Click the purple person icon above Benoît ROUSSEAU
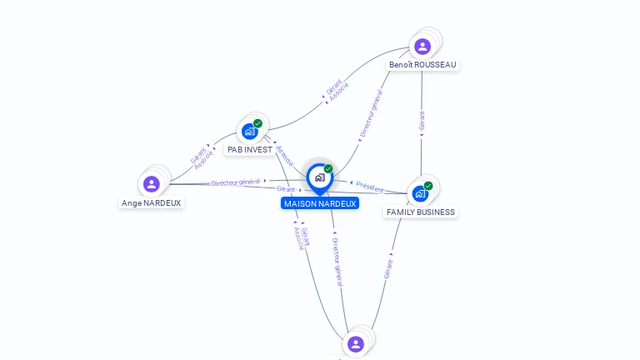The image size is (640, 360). [422, 46]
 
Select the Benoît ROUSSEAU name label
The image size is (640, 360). [422, 64]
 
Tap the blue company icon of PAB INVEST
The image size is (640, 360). [249, 131]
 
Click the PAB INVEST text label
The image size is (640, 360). [250, 150]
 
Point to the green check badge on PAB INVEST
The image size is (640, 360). [258, 123]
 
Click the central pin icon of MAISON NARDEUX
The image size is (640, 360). [319, 177]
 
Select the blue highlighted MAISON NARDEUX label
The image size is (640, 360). [320, 203]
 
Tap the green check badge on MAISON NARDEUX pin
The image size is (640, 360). [328, 168]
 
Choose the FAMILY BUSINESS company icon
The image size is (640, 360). [421, 193]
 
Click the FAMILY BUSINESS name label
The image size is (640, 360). [421, 212]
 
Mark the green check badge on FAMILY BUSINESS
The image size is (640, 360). [428, 186]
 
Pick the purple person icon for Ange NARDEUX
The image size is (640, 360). [151, 183]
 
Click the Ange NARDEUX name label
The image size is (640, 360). [151, 202]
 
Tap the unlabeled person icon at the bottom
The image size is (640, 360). [356, 343]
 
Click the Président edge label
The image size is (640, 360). [370, 187]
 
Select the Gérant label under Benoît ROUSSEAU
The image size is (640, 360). [422, 121]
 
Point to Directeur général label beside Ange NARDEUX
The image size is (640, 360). [236, 182]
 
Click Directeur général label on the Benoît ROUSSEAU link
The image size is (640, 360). [371, 114]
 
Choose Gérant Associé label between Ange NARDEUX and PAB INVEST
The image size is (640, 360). [201, 157]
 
